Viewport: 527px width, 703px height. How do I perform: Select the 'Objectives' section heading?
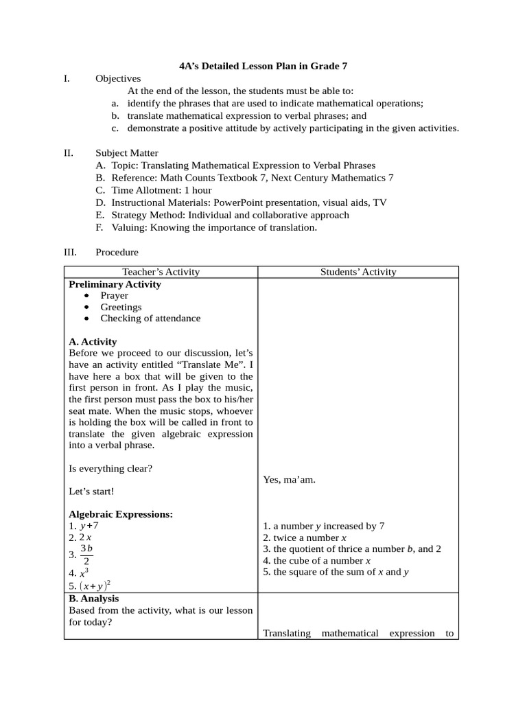click(x=118, y=79)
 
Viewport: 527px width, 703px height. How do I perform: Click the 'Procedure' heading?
click(x=117, y=253)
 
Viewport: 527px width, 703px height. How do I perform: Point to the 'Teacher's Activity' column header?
click(x=161, y=272)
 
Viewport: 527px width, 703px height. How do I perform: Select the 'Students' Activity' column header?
click(x=358, y=272)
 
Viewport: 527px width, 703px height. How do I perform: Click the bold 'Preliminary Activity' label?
click(x=115, y=284)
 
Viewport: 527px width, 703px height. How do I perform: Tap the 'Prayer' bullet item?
click(x=114, y=296)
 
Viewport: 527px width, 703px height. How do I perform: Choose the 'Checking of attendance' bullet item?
click(x=150, y=319)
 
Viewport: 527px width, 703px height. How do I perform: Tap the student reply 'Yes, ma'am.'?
click(x=290, y=480)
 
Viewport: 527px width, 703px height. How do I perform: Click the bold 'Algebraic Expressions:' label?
click(x=121, y=514)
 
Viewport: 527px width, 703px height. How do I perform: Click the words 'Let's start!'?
click(x=92, y=492)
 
